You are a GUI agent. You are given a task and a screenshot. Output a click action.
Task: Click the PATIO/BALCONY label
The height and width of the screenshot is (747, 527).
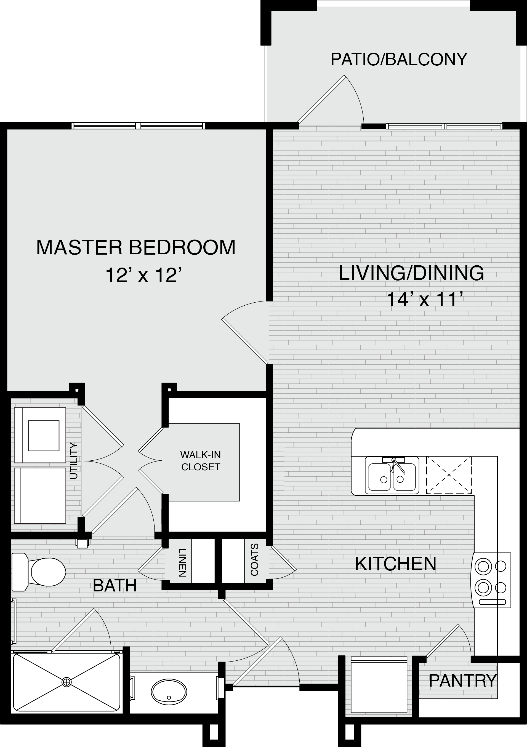(399, 59)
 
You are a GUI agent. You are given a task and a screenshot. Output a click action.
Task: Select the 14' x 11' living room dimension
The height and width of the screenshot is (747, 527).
(425, 299)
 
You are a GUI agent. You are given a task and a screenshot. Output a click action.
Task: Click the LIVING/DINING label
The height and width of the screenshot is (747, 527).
(411, 273)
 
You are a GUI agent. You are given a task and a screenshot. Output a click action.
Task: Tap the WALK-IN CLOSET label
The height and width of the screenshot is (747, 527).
(201, 461)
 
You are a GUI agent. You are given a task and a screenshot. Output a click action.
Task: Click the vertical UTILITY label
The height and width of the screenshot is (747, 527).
(74, 460)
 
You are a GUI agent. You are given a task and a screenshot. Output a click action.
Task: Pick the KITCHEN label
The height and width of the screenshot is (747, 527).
(395, 564)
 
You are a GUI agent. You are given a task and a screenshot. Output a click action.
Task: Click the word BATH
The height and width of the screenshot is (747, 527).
(115, 586)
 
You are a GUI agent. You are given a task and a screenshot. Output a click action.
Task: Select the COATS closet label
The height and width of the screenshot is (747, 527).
(255, 560)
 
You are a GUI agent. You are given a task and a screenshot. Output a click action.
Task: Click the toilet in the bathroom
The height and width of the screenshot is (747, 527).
(39, 572)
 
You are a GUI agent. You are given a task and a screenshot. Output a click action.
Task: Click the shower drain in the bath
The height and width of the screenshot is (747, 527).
(66, 682)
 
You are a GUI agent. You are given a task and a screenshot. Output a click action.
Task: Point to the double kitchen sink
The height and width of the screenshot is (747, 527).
(392, 475)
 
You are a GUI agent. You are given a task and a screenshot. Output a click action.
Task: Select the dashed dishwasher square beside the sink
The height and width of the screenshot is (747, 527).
(449, 475)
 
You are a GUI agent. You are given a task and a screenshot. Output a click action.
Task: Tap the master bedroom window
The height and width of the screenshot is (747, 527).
(138, 126)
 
